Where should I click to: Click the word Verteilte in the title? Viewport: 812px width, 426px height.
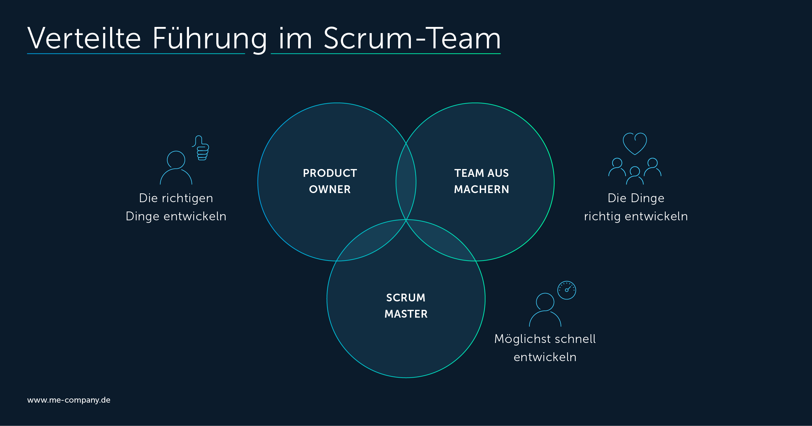pos(84,39)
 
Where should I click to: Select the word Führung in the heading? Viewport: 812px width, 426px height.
pos(209,39)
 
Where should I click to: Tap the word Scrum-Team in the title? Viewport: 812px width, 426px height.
pos(412,39)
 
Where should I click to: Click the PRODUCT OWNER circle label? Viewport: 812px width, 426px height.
pos(330,181)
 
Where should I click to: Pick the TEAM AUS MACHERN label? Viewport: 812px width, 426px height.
pos(481,181)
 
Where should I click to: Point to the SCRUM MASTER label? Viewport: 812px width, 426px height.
pos(406,306)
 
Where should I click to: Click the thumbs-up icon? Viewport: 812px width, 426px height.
pos(201,149)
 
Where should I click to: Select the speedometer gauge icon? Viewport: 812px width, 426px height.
pos(566,290)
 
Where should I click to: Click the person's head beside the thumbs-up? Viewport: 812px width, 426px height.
pos(176,160)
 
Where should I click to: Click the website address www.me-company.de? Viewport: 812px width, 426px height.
pos(69,400)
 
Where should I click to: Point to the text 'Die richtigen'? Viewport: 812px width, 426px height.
pos(176,198)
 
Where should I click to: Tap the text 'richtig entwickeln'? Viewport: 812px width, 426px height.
pos(636,216)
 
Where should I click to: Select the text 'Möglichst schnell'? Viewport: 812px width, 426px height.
pos(545,339)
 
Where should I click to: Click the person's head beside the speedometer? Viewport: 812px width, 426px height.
pos(545,302)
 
